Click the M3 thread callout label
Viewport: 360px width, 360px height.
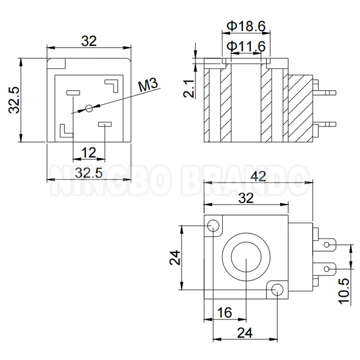[x=148, y=86]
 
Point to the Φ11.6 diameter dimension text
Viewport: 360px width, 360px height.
[x=246, y=47]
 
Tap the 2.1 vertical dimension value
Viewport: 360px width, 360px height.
[x=190, y=89]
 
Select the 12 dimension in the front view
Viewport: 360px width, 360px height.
[x=88, y=153]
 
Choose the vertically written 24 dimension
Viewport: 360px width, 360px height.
[x=175, y=258]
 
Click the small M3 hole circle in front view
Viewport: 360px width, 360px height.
[x=89, y=108]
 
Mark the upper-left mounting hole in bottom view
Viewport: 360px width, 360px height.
[x=214, y=225]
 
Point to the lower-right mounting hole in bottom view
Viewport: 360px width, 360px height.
[x=277, y=289]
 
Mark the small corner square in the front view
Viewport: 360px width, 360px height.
[x=60, y=63]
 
